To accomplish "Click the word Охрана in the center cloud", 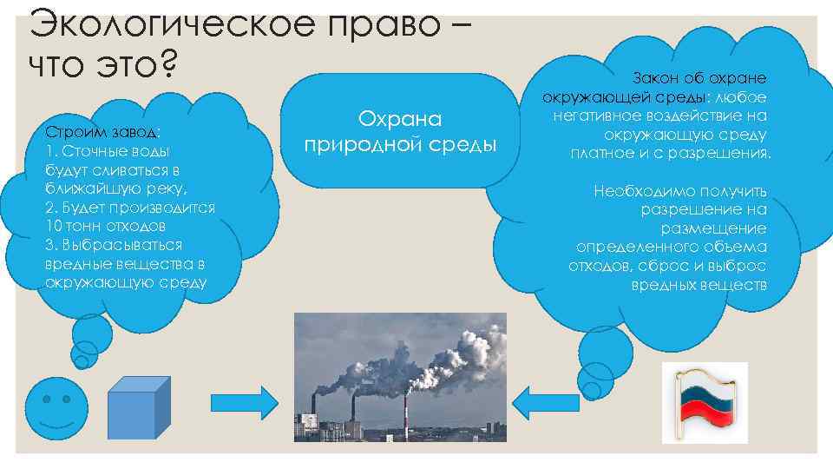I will click(x=401, y=120).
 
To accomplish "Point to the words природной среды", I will click(x=401, y=143).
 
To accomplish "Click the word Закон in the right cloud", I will click(x=660, y=77).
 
